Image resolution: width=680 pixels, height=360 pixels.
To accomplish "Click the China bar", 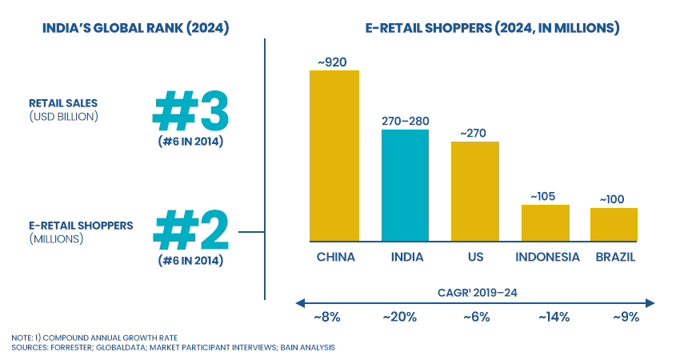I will click(334, 155).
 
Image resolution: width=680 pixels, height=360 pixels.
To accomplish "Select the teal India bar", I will click(405, 185).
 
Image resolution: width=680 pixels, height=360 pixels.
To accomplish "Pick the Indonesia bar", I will click(545, 222).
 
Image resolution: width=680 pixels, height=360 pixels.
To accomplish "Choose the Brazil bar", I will click(614, 224).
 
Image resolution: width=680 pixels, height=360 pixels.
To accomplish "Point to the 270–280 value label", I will click(405, 121).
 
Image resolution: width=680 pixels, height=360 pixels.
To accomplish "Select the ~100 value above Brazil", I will click(614, 198).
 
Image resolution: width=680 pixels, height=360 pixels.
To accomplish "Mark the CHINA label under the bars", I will click(335, 258).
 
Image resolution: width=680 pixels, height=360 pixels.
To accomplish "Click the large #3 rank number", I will click(190, 111).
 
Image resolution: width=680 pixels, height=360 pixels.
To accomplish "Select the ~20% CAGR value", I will click(400, 317).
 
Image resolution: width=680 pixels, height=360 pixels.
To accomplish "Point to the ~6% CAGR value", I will click(477, 317).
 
